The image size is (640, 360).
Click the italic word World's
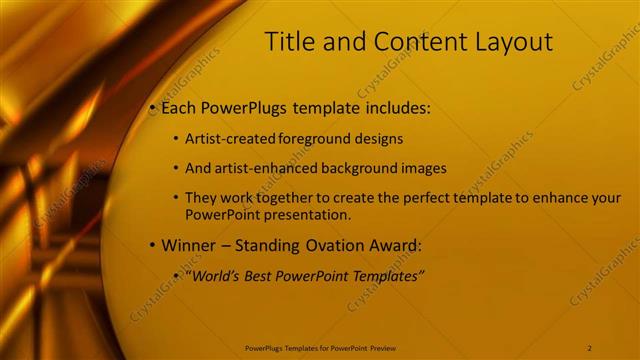tap(218, 275)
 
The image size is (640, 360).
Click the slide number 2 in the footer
tap(590, 348)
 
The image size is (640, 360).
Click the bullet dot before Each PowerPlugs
tap(152, 107)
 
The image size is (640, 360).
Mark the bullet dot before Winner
tap(152, 245)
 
